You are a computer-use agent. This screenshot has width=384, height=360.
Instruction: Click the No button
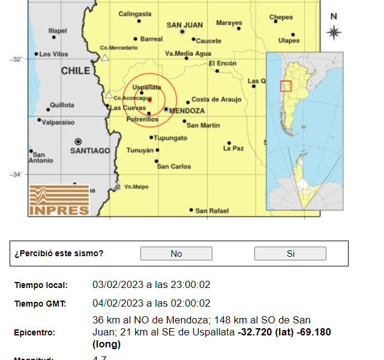(x=176, y=254)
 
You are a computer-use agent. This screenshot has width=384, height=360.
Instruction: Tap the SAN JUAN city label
(x=184, y=25)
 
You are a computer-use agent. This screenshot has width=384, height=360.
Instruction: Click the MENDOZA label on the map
(x=187, y=111)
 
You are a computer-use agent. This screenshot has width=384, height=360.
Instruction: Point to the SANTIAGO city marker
(x=78, y=142)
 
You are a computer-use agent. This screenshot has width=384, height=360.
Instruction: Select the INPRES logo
(x=59, y=200)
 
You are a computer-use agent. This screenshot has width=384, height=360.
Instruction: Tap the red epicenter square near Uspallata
(x=150, y=100)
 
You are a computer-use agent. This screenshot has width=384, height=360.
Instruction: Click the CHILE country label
(x=76, y=71)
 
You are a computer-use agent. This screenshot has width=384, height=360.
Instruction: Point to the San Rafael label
(x=212, y=211)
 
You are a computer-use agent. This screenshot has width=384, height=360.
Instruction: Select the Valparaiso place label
(x=58, y=122)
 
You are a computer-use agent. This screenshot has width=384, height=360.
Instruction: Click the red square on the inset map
(x=286, y=86)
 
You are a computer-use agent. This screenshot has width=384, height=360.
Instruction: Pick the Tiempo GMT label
(x=40, y=304)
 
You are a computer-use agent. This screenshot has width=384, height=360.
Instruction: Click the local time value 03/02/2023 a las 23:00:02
(x=151, y=285)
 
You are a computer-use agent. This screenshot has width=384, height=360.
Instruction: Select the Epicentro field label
(x=35, y=332)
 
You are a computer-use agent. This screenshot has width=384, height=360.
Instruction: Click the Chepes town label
(x=281, y=17)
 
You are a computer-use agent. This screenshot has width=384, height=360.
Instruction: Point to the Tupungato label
(x=170, y=138)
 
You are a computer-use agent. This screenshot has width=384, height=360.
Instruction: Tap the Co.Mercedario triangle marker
(x=105, y=58)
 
